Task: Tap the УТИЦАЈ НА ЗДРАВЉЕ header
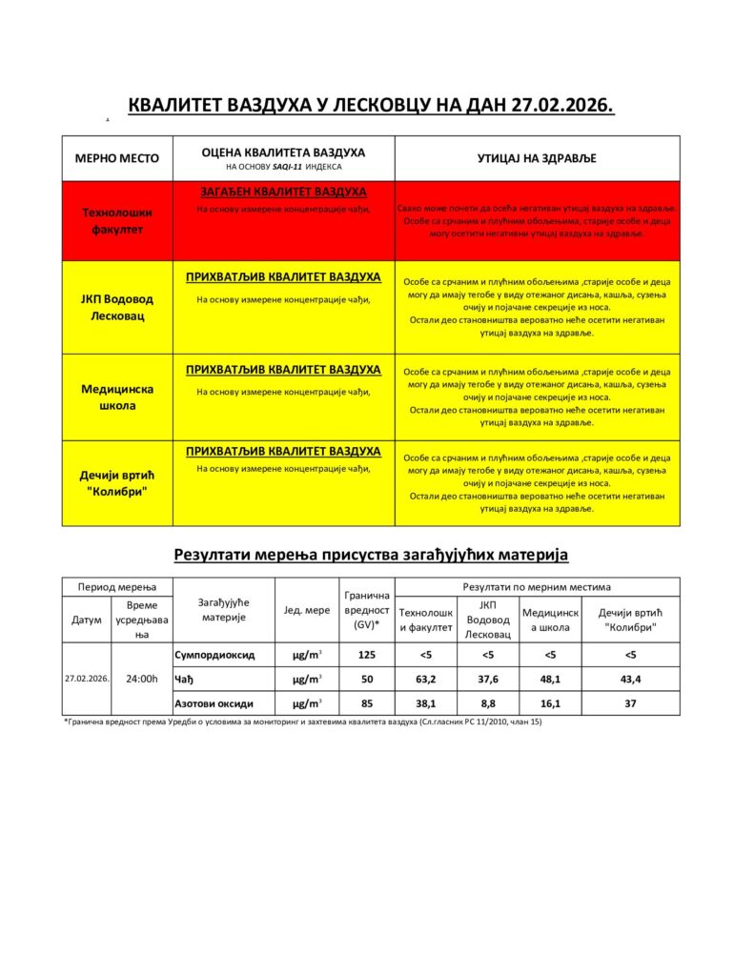coord(537,158)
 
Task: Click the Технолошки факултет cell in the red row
coord(116,221)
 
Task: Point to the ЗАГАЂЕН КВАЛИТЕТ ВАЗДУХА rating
coord(283,193)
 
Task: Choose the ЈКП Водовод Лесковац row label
coord(116,307)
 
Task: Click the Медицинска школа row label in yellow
coord(116,396)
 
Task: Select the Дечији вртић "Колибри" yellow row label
coord(116,482)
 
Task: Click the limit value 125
coord(366,655)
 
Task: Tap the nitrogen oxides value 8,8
coord(488,703)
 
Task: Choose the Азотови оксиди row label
coord(214,703)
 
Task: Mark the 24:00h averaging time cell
coord(142,679)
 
